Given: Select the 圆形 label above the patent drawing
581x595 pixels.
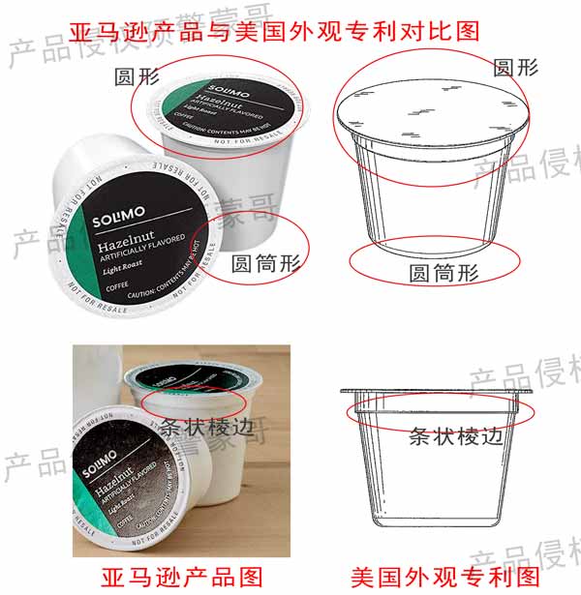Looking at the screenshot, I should (515, 67).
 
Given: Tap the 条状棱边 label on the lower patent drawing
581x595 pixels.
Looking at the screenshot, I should (456, 434).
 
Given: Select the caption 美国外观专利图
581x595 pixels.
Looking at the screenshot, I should (444, 577).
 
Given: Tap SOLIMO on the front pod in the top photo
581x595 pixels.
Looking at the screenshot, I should (117, 219).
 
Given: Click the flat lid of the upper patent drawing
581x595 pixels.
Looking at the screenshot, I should (432, 113).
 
